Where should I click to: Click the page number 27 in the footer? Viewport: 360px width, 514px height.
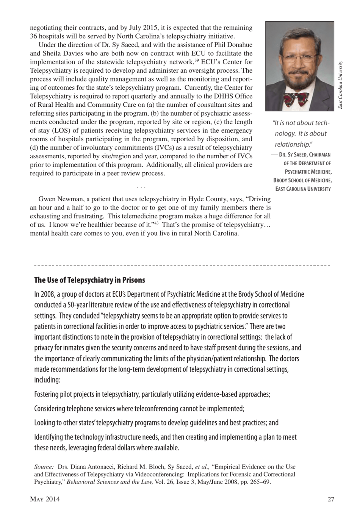point(331,499)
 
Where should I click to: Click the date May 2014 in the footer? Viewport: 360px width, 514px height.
point(45,499)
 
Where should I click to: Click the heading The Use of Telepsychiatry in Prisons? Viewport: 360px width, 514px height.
point(89,280)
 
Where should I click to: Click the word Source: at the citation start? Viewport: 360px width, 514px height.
point(44,467)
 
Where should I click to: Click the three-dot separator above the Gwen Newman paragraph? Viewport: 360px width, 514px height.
point(141,187)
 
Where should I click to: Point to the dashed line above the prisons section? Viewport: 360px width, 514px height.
point(182,265)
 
